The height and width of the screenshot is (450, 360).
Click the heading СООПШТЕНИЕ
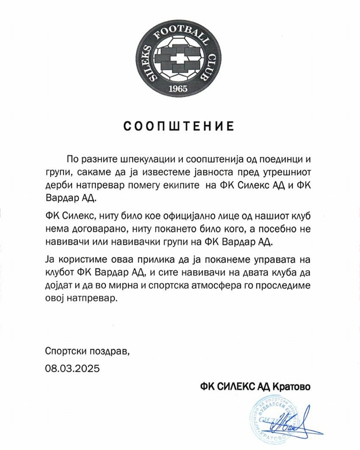coord(179,126)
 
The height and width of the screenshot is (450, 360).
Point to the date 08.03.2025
coord(73,368)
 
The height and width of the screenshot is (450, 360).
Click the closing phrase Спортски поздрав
coord(86,351)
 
